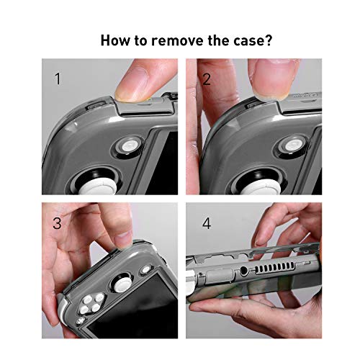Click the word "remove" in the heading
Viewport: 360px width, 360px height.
coord(178,40)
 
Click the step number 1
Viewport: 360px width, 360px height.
coord(58,78)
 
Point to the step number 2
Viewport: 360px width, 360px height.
coord(207,79)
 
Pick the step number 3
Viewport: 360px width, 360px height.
coord(57,222)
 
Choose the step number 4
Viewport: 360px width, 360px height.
coord(207,223)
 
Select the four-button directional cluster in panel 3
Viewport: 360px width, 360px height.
coord(91,304)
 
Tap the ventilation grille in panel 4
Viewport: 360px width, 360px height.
coord(275,268)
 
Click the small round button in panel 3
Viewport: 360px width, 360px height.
coord(145,270)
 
